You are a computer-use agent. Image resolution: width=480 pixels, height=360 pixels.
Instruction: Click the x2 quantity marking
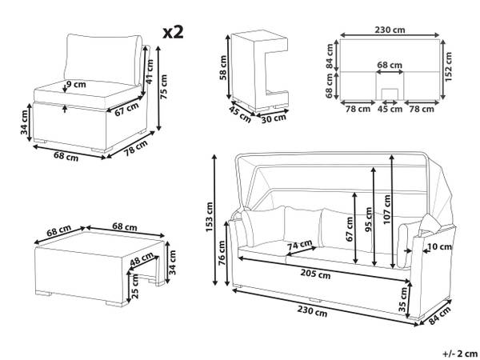coord(173,32)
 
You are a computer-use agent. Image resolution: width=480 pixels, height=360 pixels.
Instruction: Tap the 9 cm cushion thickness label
coord(76,83)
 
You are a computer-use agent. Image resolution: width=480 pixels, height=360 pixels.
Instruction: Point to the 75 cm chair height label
coord(164,86)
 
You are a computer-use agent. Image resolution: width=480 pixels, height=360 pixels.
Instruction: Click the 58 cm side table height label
coord(223,68)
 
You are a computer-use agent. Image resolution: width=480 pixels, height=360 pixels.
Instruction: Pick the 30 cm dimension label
coord(274,118)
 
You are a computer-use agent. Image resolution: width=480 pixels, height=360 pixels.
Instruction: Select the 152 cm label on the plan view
coord(448,66)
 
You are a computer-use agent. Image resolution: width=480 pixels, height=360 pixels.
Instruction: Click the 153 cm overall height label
coord(210,217)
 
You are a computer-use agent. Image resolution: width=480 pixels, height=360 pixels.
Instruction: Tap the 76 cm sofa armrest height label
coord(222,253)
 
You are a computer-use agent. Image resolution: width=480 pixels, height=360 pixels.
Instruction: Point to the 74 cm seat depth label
coord(300,245)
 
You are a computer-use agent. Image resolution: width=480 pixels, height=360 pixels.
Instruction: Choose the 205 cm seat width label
coord(315,274)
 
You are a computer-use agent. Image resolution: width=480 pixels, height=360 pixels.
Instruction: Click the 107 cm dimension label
coord(387,209)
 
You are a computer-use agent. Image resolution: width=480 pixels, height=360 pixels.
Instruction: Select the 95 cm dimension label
coord(369,219)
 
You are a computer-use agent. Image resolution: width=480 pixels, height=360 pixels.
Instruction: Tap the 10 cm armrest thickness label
coord(439,246)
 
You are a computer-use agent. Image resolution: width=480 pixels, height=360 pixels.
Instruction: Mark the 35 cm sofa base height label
coord(403,299)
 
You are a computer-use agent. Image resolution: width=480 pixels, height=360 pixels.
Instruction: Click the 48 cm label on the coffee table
coord(142,259)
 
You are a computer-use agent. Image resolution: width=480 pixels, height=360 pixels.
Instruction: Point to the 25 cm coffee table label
coord(134,286)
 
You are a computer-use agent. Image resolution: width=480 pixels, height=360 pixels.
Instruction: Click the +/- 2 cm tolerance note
coord(460,354)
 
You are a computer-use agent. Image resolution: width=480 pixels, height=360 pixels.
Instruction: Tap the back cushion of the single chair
coord(102,59)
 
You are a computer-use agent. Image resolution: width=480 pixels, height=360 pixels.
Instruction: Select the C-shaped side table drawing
coord(259,71)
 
